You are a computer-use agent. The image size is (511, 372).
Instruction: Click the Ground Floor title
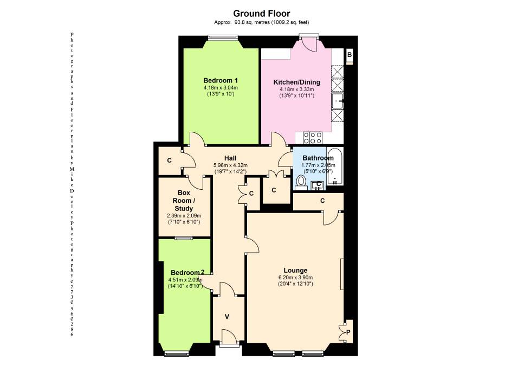click(x=261, y=14)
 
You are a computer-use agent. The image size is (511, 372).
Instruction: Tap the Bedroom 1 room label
click(x=221, y=81)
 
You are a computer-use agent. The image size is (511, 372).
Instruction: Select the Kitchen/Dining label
click(x=296, y=82)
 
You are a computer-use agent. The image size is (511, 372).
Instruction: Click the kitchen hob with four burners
click(x=313, y=138)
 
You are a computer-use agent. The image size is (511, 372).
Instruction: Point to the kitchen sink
click(x=337, y=101)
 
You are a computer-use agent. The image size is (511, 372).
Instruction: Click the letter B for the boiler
click(x=350, y=55)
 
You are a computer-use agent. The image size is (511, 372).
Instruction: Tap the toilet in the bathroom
click(x=301, y=183)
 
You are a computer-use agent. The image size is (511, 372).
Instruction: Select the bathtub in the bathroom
click(x=335, y=167)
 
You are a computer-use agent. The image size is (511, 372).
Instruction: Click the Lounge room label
click(x=295, y=270)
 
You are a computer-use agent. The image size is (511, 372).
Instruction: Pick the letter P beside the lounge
click(x=348, y=332)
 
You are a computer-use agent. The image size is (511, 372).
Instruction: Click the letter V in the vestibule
click(x=227, y=316)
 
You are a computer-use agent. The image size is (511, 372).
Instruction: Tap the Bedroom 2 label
click(x=187, y=273)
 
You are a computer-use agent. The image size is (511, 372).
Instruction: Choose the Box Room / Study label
click(x=184, y=201)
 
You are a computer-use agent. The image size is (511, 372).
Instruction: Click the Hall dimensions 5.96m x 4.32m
click(x=230, y=165)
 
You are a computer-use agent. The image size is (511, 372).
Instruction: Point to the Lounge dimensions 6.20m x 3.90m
click(x=295, y=278)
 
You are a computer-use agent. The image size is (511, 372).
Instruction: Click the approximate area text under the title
click(x=261, y=22)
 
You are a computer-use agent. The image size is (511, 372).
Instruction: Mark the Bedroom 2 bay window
click(x=177, y=353)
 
